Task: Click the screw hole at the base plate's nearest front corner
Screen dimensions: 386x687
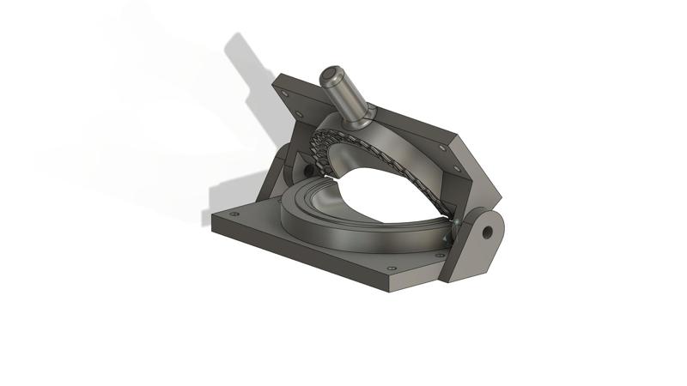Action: pos(392,269)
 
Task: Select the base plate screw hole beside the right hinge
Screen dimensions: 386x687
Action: pos(440,255)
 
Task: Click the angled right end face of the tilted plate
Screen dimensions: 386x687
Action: pos(477,172)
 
